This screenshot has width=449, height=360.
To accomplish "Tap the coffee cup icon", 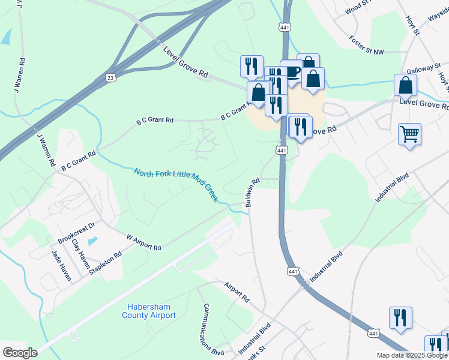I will (292, 71).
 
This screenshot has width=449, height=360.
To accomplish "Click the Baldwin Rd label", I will (252, 192).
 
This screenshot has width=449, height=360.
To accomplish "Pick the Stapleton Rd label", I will (105, 263).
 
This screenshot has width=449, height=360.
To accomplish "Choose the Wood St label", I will (360, 7).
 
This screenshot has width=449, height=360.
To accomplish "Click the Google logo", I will (20, 353).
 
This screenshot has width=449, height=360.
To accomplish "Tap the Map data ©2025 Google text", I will (412, 355).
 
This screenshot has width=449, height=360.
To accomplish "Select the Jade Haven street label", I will (61, 265).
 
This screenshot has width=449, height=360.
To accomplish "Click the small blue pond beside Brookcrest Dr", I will (91, 241).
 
